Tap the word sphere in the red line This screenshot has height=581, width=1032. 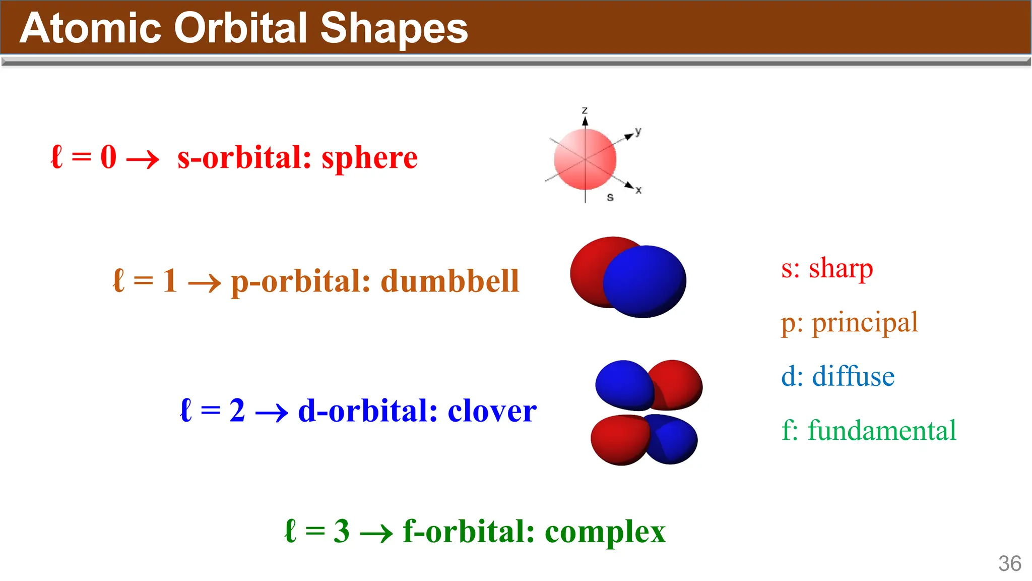point(369,158)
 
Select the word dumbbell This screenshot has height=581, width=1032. point(449,281)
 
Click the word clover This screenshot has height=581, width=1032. point(492,411)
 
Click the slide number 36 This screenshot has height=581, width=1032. point(1009,564)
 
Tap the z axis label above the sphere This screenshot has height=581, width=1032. point(585,110)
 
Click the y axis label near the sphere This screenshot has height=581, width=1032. point(638,131)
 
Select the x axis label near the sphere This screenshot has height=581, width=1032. point(638,190)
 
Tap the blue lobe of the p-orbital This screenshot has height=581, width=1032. point(645,281)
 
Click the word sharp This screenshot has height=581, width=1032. point(841,268)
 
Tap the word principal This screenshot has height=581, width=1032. point(865,323)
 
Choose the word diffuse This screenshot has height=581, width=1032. point(853,377)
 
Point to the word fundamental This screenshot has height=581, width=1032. point(882,431)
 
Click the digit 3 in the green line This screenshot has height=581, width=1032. point(341,532)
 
